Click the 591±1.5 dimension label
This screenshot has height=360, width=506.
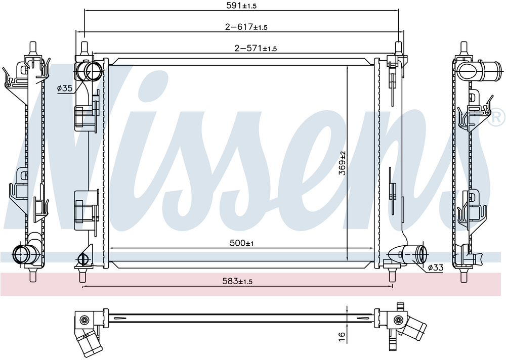coord(241,6)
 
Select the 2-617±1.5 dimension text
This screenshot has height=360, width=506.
coord(246,27)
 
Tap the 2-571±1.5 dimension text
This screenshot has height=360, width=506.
coord(256,49)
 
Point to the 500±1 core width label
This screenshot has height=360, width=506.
coord(242,243)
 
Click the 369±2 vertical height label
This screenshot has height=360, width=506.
coord(342,163)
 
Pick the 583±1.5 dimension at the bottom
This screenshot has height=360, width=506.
coord(237,281)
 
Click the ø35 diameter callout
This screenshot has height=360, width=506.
coord(65,88)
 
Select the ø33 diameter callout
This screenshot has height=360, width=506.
coord(435,267)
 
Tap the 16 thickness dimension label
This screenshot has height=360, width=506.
coord(342,337)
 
